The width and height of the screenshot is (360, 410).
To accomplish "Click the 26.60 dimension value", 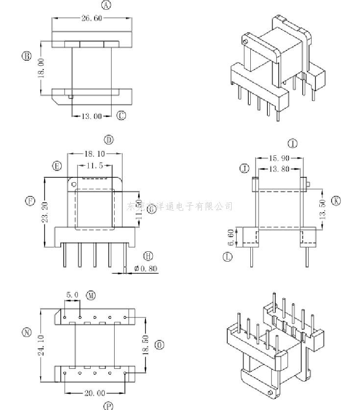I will point(92,18).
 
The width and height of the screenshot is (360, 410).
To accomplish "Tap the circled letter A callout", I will point(106,5).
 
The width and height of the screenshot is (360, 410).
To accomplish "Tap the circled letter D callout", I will point(109,140).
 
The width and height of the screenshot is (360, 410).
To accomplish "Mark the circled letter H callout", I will point(148,256).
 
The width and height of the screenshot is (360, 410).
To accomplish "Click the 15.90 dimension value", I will point(279,158).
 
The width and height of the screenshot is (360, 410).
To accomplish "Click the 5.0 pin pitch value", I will point(72,295).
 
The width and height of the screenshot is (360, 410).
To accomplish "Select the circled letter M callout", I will point(91,295).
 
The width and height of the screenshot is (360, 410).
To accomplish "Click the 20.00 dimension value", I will point(95,393).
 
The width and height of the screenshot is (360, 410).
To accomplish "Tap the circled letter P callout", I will point(108,405).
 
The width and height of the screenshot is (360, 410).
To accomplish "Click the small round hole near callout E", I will point(74,185).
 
